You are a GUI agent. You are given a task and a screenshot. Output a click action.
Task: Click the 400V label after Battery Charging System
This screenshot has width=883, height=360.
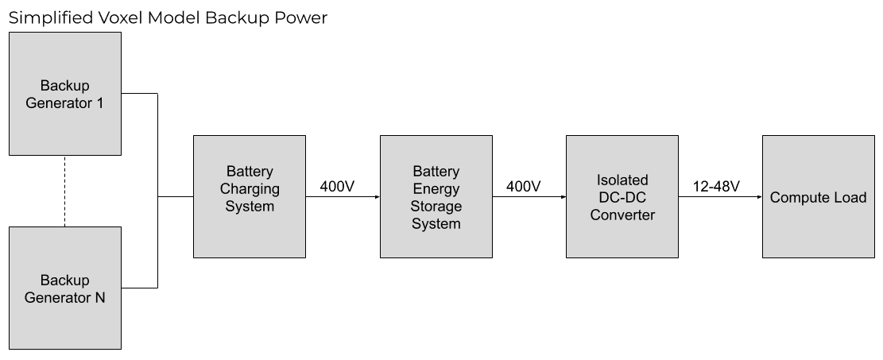(x=337, y=187)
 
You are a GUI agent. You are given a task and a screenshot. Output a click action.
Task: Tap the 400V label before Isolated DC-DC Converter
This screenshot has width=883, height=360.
(x=523, y=187)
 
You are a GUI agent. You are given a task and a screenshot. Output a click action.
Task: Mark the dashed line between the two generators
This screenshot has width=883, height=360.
(x=64, y=191)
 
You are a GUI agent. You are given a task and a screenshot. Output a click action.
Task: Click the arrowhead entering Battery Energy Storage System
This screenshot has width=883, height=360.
(x=377, y=196)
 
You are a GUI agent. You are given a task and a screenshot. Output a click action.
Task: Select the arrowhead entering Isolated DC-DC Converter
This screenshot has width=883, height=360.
(x=563, y=196)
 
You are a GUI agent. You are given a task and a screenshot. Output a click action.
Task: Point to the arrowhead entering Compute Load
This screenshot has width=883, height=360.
(x=759, y=196)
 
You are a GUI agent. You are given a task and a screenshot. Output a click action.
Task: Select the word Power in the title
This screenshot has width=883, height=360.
(x=300, y=17)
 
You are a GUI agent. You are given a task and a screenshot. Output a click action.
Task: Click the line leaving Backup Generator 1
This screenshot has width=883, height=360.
(x=140, y=94)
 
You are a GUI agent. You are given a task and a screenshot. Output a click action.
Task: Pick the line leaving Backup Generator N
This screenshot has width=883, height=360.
(x=140, y=287)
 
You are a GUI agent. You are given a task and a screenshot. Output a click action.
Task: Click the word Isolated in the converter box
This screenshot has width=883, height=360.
(x=622, y=180)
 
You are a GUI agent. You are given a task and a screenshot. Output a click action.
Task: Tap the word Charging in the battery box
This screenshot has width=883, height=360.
(x=250, y=189)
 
